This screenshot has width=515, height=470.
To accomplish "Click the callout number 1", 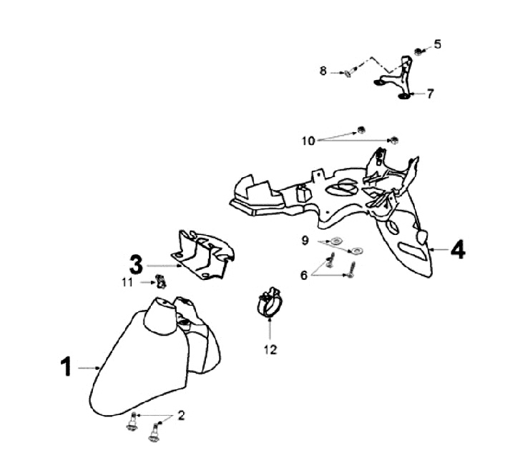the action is [x=65, y=367].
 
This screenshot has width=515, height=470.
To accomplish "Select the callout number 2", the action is [x=181, y=415].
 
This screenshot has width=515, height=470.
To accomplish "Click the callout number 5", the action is [x=438, y=44].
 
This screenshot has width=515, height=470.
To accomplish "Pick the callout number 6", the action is [x=305, y=274].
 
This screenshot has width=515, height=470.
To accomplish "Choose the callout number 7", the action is [x=430, y=94].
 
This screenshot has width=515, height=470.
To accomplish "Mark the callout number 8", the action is [x=323, y=71].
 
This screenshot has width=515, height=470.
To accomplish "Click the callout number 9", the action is [x=305, y=241].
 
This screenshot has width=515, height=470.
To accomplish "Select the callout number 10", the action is [x=308, y=141].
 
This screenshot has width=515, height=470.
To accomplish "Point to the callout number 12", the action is [x=270, y=350].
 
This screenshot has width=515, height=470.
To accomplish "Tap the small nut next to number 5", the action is [x=418, y=51].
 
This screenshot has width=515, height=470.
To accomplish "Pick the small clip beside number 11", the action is [x=162, y=282].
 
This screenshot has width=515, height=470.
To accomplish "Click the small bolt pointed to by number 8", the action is [x=347, y=71].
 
